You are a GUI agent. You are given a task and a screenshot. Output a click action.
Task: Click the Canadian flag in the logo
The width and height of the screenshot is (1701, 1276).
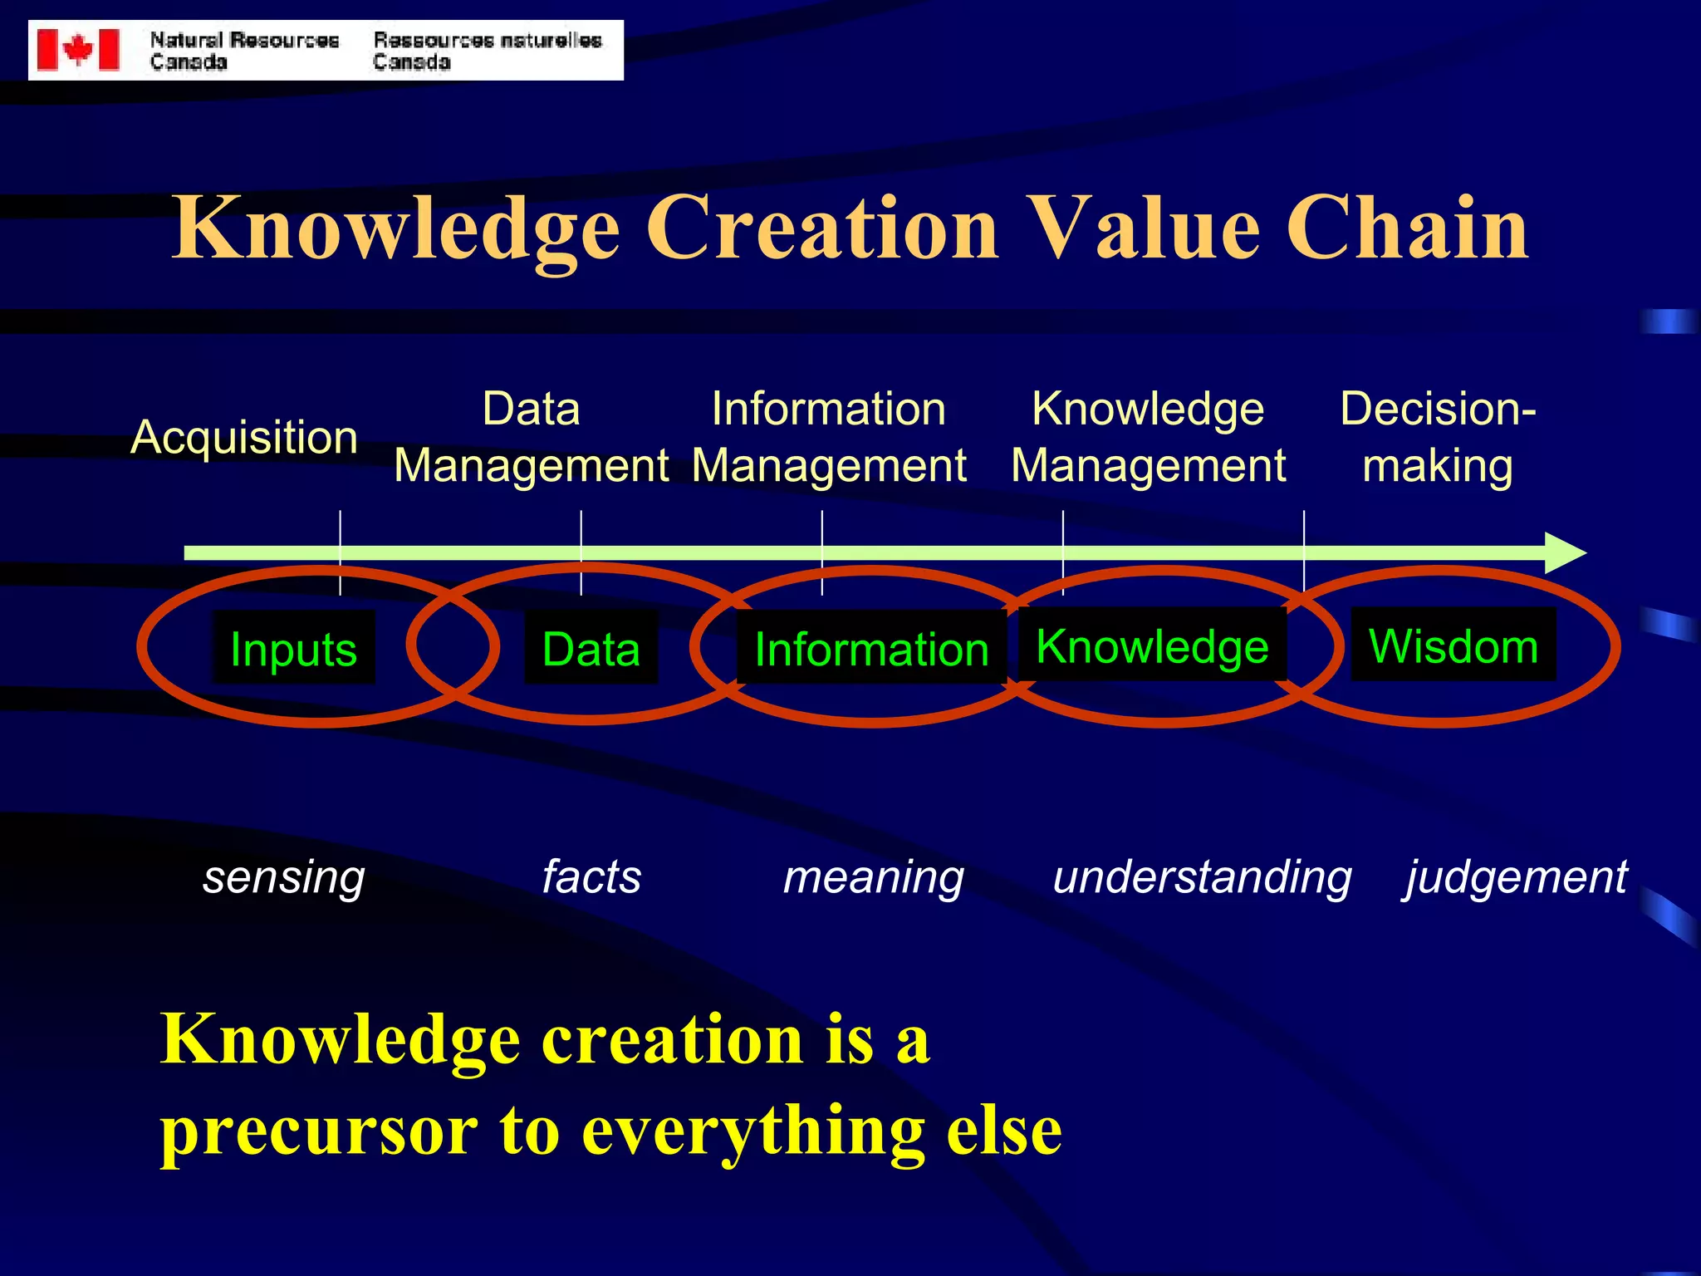78,50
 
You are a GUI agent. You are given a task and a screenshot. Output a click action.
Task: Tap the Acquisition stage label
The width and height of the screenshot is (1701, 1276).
244,437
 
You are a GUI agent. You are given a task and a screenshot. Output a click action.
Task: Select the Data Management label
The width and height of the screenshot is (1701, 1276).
532,437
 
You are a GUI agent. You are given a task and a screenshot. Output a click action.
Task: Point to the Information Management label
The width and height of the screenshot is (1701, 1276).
829,437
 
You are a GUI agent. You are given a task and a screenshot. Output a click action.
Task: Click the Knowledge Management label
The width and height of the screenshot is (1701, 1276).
1148,437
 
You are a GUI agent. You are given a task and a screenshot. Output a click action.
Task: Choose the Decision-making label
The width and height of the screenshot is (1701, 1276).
1438,437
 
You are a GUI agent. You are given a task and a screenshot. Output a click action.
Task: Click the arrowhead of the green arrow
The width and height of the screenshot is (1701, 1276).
1565,553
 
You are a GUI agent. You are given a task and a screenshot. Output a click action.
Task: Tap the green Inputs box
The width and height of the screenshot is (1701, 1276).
293,648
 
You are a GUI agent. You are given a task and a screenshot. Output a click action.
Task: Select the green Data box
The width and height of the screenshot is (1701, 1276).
591,648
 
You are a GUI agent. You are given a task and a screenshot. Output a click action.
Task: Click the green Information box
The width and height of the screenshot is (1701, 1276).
871,648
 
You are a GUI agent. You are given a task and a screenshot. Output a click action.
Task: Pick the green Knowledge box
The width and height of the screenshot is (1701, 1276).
1152,645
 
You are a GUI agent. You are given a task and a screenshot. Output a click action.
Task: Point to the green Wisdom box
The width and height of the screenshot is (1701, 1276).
1453,645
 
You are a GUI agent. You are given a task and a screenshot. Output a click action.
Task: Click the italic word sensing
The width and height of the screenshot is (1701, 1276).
284,877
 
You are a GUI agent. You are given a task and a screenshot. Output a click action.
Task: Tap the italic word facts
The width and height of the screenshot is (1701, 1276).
591,876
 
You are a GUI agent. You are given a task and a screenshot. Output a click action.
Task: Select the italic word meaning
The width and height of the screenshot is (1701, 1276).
874,877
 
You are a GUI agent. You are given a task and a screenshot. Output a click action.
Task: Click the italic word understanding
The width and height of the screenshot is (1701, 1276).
1202,877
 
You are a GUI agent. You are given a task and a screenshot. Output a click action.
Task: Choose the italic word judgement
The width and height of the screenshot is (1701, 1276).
1517,877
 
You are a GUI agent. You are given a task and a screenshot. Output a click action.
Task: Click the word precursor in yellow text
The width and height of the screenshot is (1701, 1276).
319,1131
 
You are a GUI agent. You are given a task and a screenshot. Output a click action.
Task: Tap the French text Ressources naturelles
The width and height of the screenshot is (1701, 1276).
488,40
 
